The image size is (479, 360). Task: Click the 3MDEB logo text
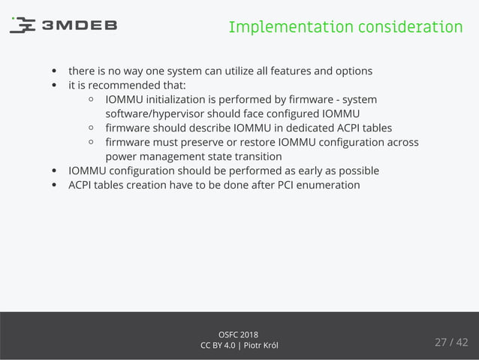pyautogui.click(x=79, y=26)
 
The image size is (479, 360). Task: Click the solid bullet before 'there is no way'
pyautogui.click(x=54, y=72)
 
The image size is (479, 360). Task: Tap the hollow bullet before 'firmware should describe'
pyautogui.click(x=91, y=128)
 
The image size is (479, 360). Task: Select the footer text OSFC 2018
pyautogui.click(x=239, y=334)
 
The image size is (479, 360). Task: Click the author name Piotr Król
pyautogui.click(x=261, y=345)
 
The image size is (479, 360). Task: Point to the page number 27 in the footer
pyautogui.click(x=441, y=343)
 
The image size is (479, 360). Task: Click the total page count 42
pyautogui.click(x=461, y=343)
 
